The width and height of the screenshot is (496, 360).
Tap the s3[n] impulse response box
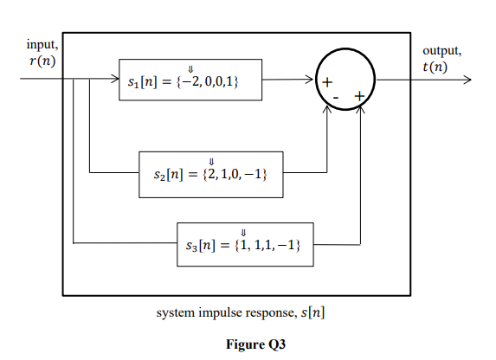point(244,245)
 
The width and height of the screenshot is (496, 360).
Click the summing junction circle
point(345,79)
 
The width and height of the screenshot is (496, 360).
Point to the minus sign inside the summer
point(335,98)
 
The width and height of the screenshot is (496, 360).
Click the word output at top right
point(441,51)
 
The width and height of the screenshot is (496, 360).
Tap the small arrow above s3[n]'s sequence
point(243,232)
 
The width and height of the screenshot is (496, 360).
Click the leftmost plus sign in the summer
point(327,83)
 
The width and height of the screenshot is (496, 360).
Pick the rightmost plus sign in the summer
point(358,94)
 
